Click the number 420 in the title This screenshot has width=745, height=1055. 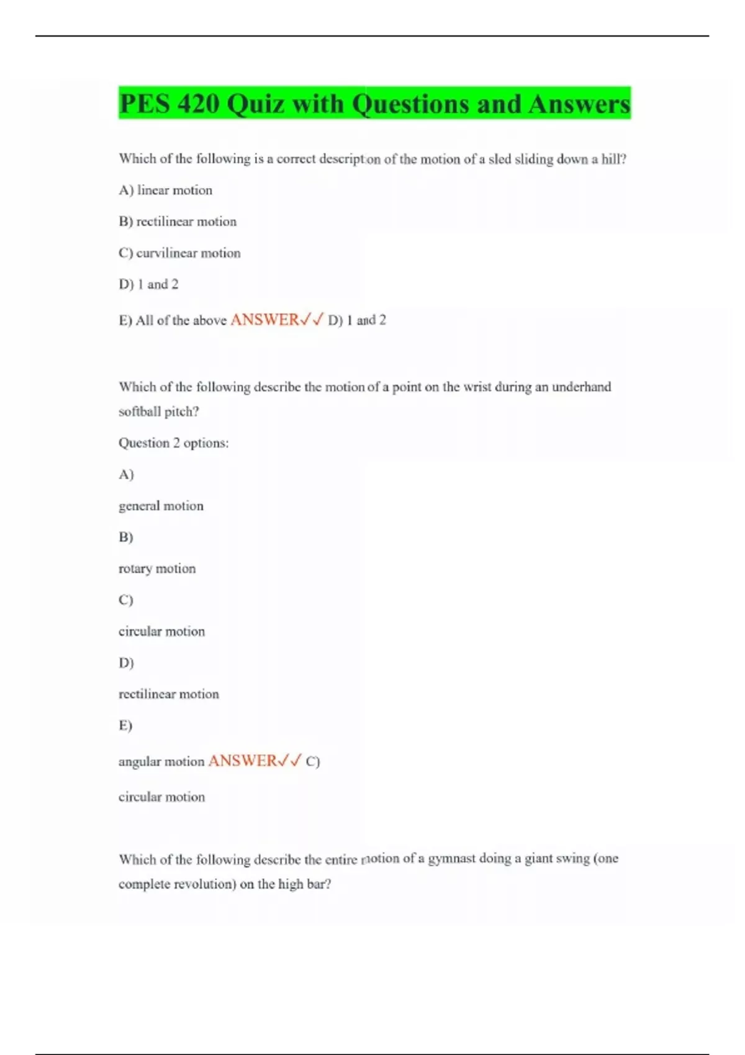click(x=198, y=104)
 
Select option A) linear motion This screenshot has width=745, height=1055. click(x=165, y=191)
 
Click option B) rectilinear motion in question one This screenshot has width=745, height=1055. click(x=178, y=222)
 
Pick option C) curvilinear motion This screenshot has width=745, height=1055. click(x=179, y=253)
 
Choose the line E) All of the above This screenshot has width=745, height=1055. click(x=173, y=320)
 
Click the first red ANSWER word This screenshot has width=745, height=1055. click(x=264, y=320)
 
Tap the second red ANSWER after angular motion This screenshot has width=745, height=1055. click(x=242, y=761)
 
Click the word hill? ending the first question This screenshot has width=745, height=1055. click(x=614, y=159)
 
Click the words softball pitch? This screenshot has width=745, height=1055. click(x=159, y=411)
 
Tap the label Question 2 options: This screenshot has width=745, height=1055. click(x=173, y=443)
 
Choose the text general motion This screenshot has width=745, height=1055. click(x=161, y=506)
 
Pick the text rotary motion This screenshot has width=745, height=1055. click(x=157, y=569)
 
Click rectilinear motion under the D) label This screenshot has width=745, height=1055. click(x=169, y=694)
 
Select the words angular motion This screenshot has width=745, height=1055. click(x=161, y=761)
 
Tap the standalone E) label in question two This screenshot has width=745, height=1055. click(x=125, y=725)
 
